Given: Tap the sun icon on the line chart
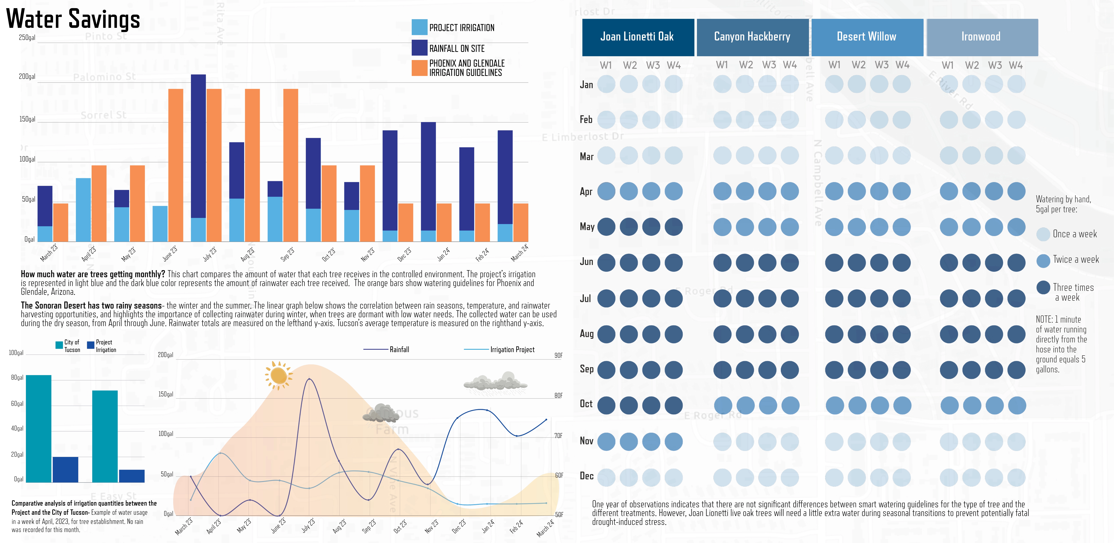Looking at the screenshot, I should [x=278, y=375].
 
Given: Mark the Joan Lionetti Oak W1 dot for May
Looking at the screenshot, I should [x=606, y=227].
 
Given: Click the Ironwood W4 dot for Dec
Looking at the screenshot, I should [x=1016, y=477].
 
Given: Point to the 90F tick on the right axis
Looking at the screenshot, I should [x=558, y=355].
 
